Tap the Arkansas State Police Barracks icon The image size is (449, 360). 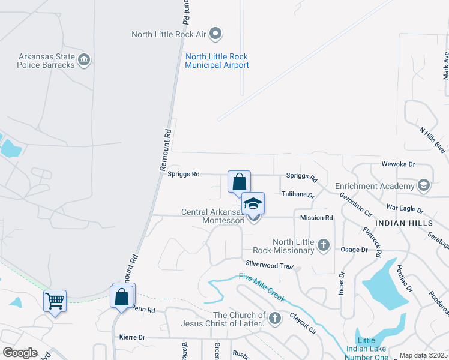[84, 59]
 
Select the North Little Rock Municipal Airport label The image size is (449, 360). [217, 61]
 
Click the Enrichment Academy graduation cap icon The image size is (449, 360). [424, 185]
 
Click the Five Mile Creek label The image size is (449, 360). [261, 287]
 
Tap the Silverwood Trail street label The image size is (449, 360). [269, 265]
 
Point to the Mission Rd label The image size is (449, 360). [316, 218]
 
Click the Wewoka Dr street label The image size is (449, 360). [399, 164]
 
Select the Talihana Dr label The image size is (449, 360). [298, 195]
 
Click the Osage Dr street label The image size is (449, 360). [354, 250]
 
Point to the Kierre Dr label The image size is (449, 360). [132, 338]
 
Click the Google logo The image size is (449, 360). [20, 353]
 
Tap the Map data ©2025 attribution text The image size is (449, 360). [423, 356]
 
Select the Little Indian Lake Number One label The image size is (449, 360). [366, 349]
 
